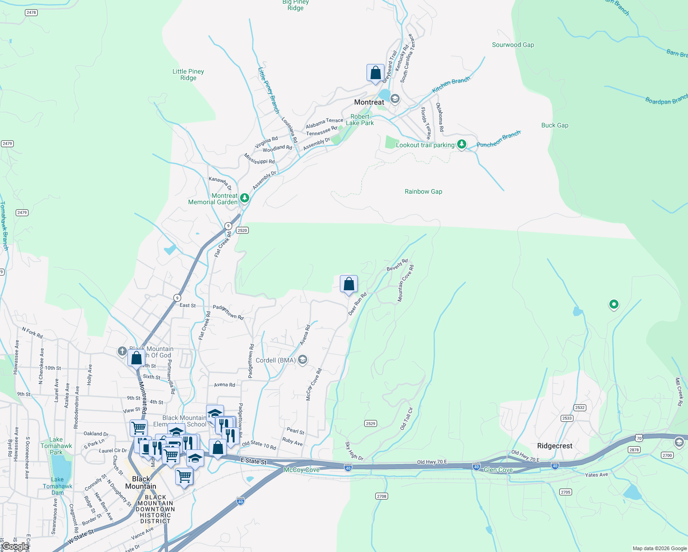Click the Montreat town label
click(x=369, y=102)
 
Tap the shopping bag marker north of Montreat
click(x=375, y=73)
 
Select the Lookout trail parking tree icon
click(x=461, y=144)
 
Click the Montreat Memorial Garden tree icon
click(x=245, y=198)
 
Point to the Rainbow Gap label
click(x=423, y=191)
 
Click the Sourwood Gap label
click(x=513, y=45)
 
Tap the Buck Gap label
click(x=555, y=125)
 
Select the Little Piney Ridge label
click(x=188, y=75)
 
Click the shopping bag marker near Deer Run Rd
click(x=349, y=284)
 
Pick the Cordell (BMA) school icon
click(x=303, y=360)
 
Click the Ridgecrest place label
click(x=555, y=446)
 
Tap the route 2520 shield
click(x=242, y=230)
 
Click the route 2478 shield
click(x=31, y=12)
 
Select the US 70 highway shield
click(x=639, y=438)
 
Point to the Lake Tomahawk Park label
click(x=56, y=446)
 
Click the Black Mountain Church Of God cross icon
click(x=122, y=351)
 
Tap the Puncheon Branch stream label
click(x=498, y=139)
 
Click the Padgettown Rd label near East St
click(x=228, y=312)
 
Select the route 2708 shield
click(x=382, y=496)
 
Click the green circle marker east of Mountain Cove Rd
click(x=613, y=304)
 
